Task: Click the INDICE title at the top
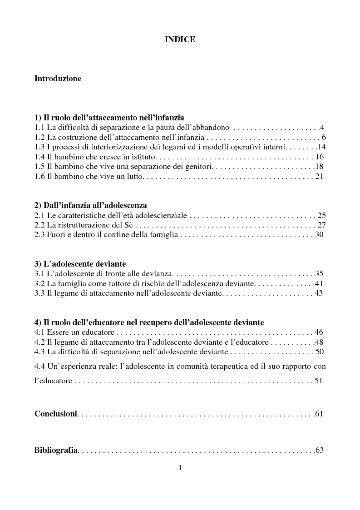[180, 40]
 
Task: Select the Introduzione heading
[58, 79]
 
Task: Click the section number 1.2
[40, 137]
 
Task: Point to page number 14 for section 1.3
[322, 147]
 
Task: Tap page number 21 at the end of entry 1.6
[319, 176]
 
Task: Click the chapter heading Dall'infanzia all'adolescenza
[91, 205]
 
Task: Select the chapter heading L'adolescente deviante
[80, 264]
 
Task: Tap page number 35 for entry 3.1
[319, 274]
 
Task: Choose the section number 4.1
[40, 332]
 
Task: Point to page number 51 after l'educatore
[318, 381]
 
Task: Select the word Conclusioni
[56, 414]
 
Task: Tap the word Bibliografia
[56, 451]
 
